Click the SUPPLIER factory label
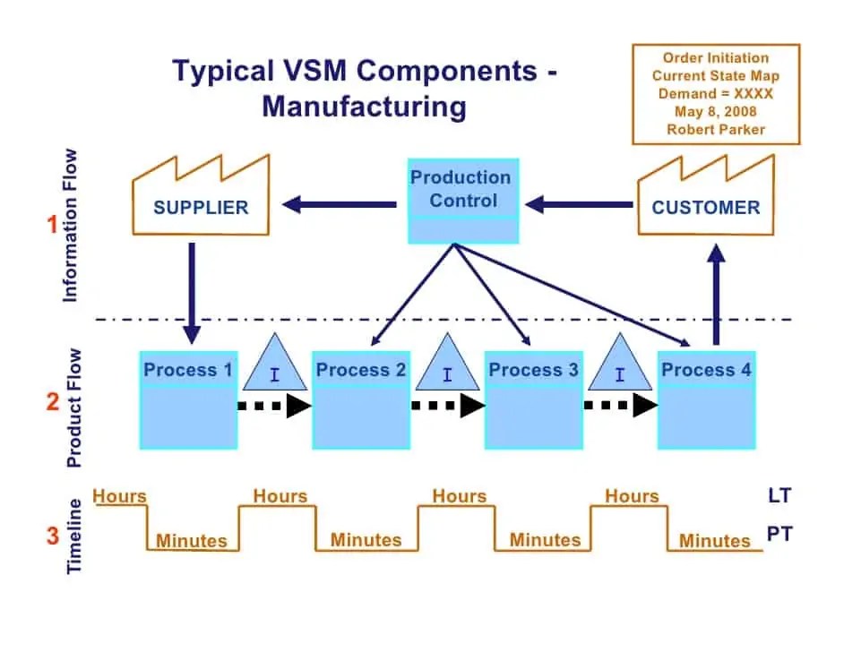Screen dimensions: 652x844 (x=201, y=208)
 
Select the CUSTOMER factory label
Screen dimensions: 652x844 (x=705, y=208)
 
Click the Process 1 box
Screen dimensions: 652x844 (x=188, y=399)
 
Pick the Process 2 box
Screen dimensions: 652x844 (x=361, y=399)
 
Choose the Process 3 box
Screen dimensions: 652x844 (x=534, y=399)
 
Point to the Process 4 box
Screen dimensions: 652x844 (x=706, y=399)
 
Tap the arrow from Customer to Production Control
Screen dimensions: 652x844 (x=578, y=205)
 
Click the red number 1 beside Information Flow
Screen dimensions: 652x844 (x=53, y=226)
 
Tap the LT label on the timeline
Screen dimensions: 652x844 (x=779, y=494)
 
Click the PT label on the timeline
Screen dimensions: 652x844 (x=779, y=536)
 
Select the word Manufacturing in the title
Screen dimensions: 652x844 (x=364, y=107)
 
